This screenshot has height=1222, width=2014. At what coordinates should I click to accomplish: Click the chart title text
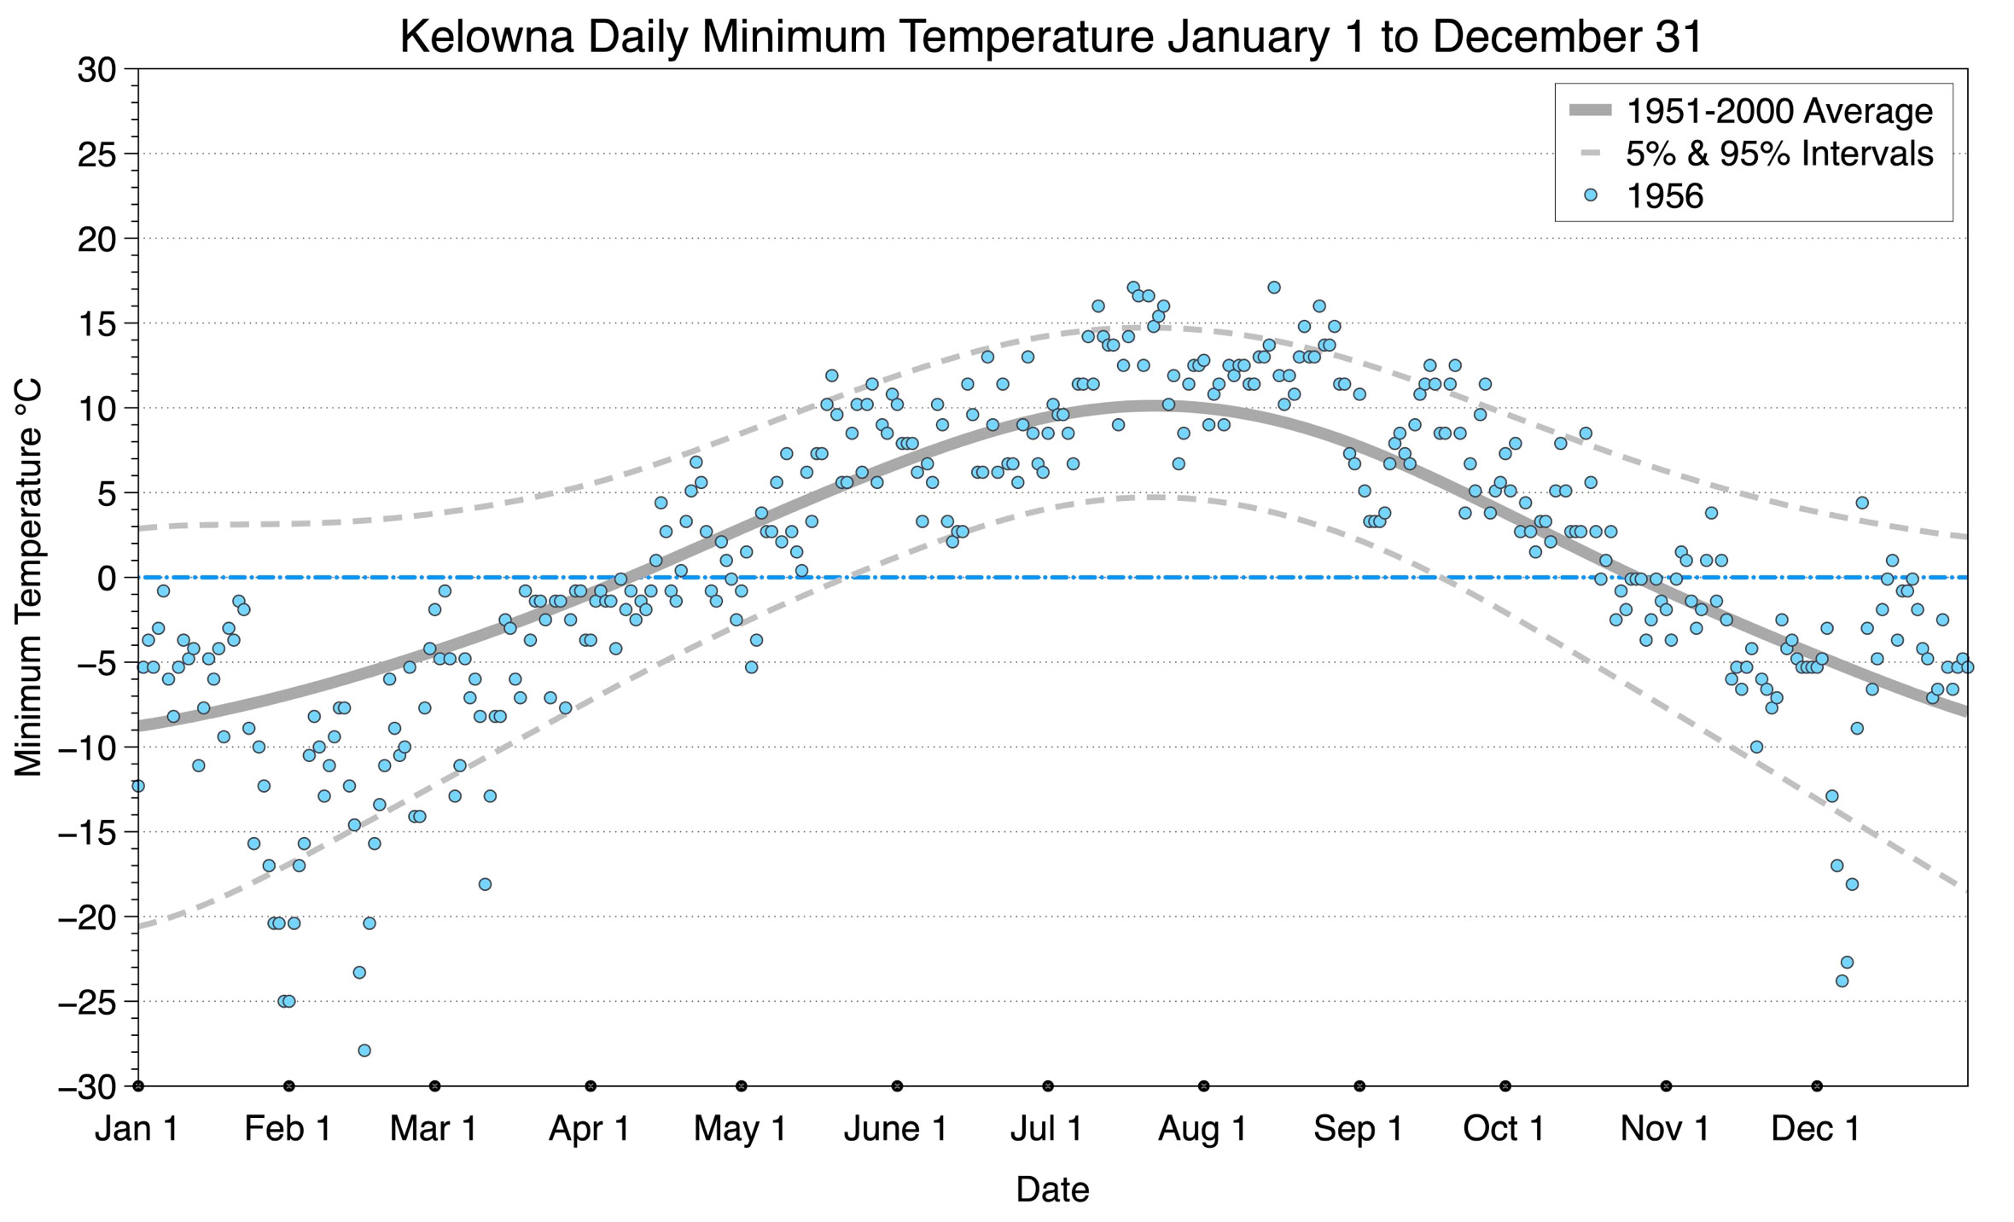(x=1051, y=36)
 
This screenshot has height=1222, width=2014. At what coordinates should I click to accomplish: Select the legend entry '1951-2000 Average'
(x=1778, y=111)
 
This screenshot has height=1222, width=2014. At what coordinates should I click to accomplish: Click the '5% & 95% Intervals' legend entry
(x=1778, y=154)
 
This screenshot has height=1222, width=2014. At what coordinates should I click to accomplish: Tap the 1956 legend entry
(x=1664, y=196)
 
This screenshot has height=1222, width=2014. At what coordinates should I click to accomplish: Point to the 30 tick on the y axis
(x=96, y=70)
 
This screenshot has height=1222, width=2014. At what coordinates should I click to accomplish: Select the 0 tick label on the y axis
(x=107, y=579)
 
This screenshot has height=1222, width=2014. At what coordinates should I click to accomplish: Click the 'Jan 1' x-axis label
(x=137, y=1129)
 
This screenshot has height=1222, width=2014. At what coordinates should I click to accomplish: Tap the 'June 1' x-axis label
(x=895, y=1129)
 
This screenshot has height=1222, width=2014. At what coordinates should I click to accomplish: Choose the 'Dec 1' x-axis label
(x=1815, y=1129)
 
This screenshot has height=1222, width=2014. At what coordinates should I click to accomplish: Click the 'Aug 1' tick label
(x=1202, y=1129)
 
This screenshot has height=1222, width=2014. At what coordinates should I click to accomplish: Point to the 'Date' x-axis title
(x=1052, y=1190)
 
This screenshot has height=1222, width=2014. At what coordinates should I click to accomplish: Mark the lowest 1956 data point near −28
(x=364, y=1050)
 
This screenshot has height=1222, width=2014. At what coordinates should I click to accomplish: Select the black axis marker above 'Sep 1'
(x=1359, y=1086)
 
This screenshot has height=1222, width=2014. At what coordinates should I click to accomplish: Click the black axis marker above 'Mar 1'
(x=435, y=1086)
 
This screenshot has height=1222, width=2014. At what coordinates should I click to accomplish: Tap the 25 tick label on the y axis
(x=96, y=154)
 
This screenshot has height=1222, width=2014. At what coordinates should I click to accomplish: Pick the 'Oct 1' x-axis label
(x=1504, y=1129)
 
